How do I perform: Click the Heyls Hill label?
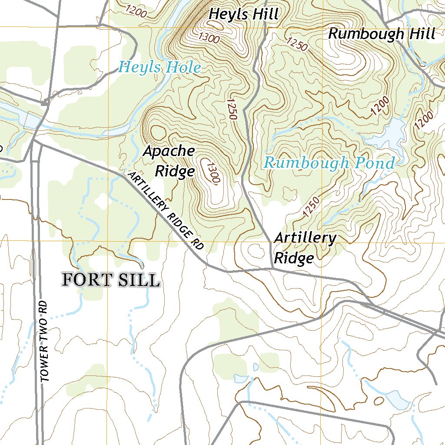[243, 14]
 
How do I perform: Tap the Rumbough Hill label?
[382, 33]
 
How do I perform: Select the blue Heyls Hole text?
[160, 67]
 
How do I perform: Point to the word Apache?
[169, 151]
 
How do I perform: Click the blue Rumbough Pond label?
[329, 163]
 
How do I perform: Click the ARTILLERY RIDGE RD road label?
[166, 211]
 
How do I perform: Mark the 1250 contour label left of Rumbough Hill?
[297, 44]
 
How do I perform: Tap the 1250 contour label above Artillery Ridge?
[312, 206]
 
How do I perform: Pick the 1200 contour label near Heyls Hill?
[136, 11]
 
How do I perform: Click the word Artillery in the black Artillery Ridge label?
[305, 238]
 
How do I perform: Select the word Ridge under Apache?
[175, 171]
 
